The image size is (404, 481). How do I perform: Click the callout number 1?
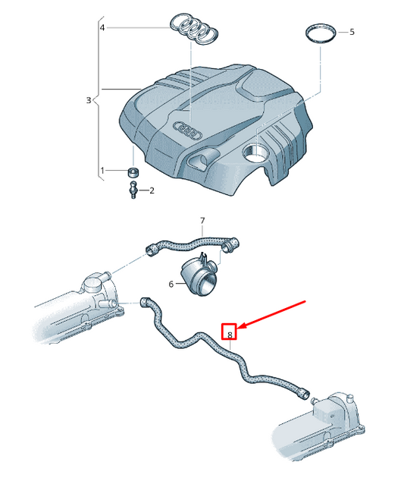tap(102, 170)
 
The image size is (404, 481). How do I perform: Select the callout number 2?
tap(152, 190)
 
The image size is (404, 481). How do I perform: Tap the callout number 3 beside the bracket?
tap(88, 100)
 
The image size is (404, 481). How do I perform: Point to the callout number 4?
tap(102, 27)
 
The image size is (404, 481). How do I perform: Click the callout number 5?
tap(352, 32)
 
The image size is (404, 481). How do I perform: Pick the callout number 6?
tap(171, 284)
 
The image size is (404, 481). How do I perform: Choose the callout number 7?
tap(202, 220)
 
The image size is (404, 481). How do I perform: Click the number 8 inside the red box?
tap(230, 335)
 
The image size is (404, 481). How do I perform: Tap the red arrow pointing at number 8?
tap(271, 315)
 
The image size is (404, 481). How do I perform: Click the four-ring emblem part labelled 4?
tap(194, 30)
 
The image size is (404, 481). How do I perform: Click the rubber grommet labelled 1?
tap(133, 172)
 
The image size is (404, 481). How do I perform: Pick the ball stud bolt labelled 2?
tap(133, 190)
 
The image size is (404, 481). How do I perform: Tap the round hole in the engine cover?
tap(255, 152)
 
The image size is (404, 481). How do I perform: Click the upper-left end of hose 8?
tap(144, 301)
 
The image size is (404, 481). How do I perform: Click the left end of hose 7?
tap(150, 250)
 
